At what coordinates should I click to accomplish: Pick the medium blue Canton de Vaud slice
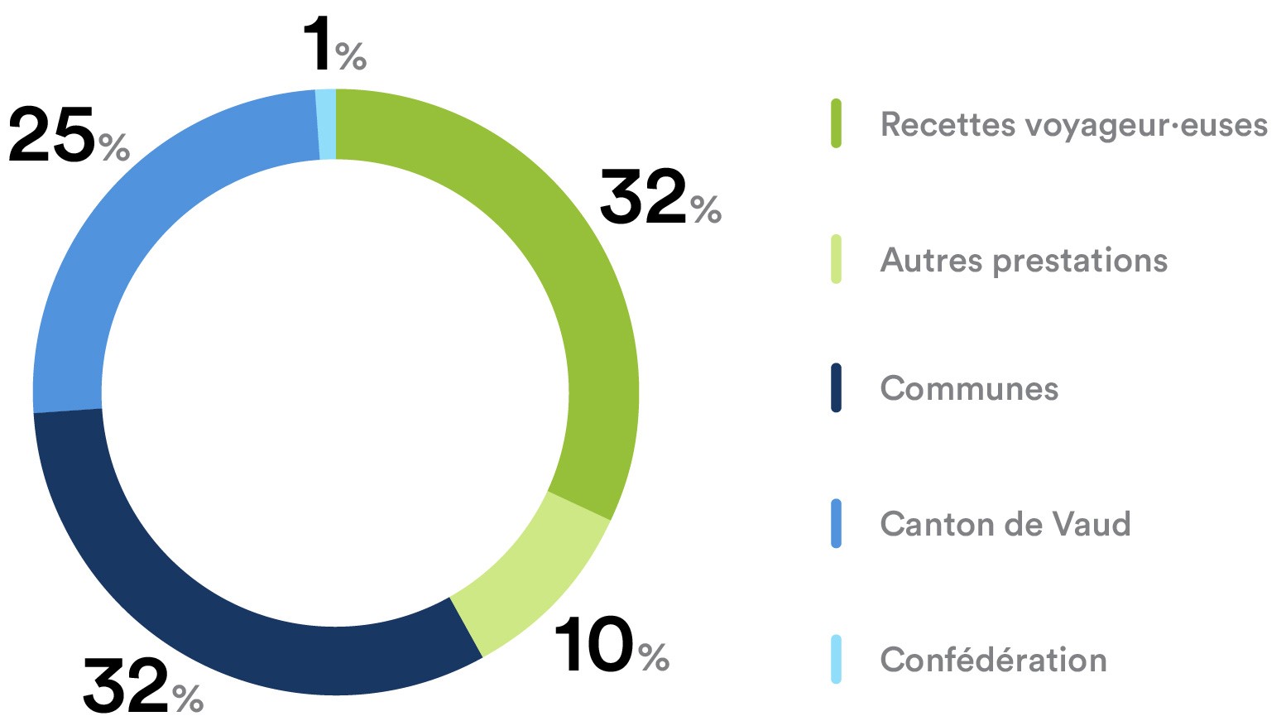[124, 248]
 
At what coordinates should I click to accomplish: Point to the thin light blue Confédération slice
[327, 123]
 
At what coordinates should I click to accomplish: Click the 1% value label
[333, 46]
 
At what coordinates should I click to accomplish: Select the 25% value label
[69, 135]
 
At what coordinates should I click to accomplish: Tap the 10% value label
[611, 646]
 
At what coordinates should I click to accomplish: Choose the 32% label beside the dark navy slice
[142, 687]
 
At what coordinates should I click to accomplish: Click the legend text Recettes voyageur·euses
[1073, 125]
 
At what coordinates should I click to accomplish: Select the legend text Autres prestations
[1024, 261]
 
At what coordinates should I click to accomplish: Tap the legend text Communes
[969, 388]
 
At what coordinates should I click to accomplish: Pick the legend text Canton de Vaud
[1005, 524]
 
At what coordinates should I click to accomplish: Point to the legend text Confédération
[993, 660]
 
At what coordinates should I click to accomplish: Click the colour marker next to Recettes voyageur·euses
[836, 124]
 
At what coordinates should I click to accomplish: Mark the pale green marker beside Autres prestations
[836, 260]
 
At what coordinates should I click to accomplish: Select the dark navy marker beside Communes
[836, 387]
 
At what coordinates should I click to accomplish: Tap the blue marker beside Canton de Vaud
[836, 523]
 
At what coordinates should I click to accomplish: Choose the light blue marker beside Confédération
[836, 659]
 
